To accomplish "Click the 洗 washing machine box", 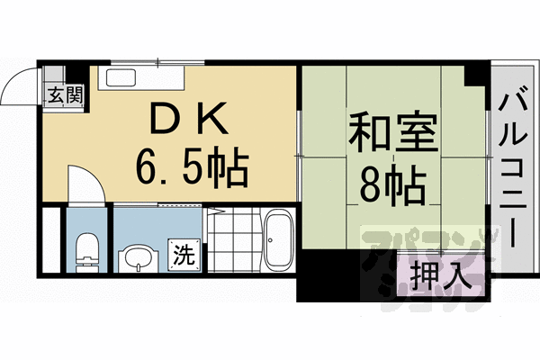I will [183, 255].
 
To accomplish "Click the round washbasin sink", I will [139, 258].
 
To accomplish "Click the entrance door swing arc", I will [20, 85].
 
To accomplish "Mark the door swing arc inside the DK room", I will [81, 180].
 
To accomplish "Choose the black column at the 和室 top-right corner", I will [472, 77].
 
